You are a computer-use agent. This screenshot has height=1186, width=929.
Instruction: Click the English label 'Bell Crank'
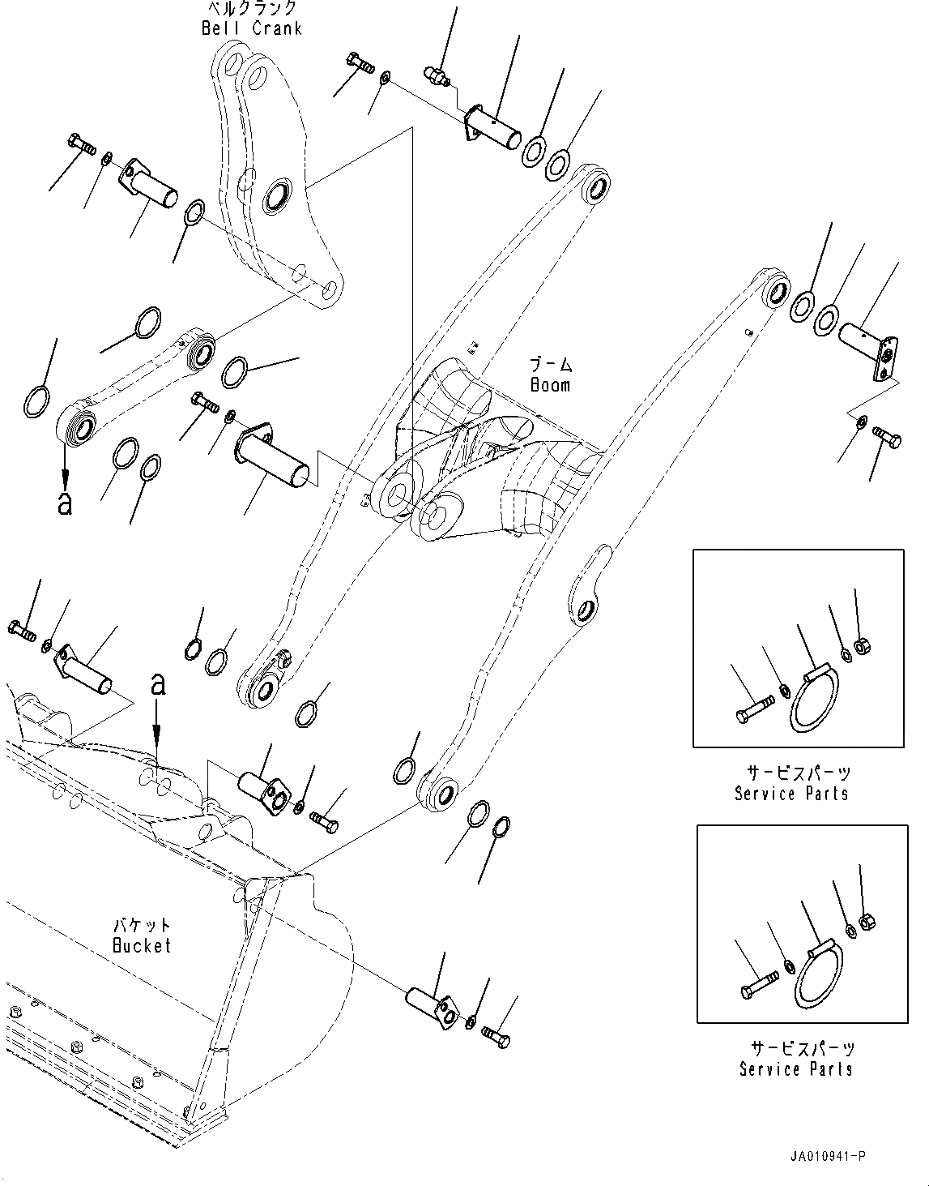pyautogui.click(x=251, y=28)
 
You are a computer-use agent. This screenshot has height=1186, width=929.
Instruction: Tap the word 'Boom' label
pyautogui.click(x=550, y=385)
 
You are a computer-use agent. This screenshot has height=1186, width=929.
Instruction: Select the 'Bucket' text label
pyautogui.click(x=142, y=945)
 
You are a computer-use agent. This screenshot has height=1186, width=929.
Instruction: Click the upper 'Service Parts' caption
pyautogui.click(x=791, y=794)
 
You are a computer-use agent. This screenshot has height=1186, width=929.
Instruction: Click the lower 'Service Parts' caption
pyautogui.click(x=795, y=1069)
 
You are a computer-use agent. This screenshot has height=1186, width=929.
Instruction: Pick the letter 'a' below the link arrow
pyautogui.click(x=65, y=503)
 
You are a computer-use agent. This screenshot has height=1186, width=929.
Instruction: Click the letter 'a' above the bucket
pyautogui.click(x=159, y=686)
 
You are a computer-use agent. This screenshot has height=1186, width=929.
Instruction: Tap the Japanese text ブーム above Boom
pyautogui.click(x=550, y=364)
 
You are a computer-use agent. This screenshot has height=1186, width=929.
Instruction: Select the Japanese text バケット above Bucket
pyautogui.click(x=142, y=925)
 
